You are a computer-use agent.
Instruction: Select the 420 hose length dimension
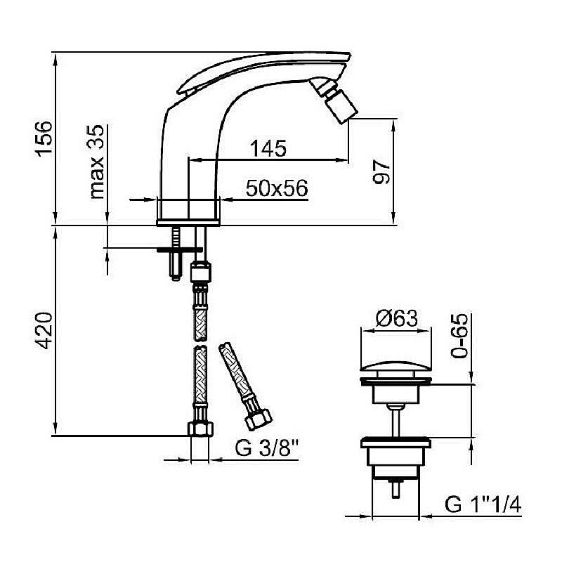[44, 330]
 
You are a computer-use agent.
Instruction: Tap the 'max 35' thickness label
[97, 162]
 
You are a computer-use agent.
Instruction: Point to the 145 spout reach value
[268, 148]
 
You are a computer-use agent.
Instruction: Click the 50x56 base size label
[277, 188]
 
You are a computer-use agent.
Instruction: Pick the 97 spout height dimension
[381, 172]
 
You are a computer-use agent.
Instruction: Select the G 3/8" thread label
[267, 447]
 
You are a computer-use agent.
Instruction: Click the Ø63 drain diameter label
[397, 319]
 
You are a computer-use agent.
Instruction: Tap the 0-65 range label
[459, 336]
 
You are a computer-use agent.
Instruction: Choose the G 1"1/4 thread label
[483, 504]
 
